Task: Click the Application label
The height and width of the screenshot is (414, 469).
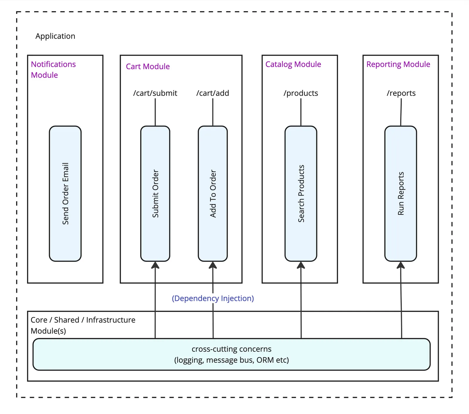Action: point(55,36)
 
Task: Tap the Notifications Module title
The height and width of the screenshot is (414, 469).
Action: point(53,69)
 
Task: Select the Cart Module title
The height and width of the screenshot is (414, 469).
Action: point(148,66)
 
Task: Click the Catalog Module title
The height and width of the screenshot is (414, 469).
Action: point(293,64)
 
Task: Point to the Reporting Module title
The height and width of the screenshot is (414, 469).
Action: point(398,64)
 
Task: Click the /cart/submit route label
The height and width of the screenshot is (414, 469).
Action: point(155,93)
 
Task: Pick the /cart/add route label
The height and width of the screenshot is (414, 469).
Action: point(213,93)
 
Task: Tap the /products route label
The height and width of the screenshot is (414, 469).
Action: point(301,93)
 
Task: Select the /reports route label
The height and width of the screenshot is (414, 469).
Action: point(401,93)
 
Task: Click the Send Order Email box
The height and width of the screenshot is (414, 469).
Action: point(65,194)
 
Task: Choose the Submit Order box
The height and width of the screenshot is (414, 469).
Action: point(155,194)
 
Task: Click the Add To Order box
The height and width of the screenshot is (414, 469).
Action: point(213,194)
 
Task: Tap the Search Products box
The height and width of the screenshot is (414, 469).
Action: point(301,194)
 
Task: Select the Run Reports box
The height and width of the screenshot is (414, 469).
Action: point(400,194)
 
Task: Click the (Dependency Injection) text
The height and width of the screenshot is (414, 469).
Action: point(213,298)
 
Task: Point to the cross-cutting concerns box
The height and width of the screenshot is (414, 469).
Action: point(231,355)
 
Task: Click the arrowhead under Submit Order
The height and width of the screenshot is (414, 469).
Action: point(155,265)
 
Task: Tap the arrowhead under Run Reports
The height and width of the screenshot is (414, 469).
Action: point(401,265)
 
